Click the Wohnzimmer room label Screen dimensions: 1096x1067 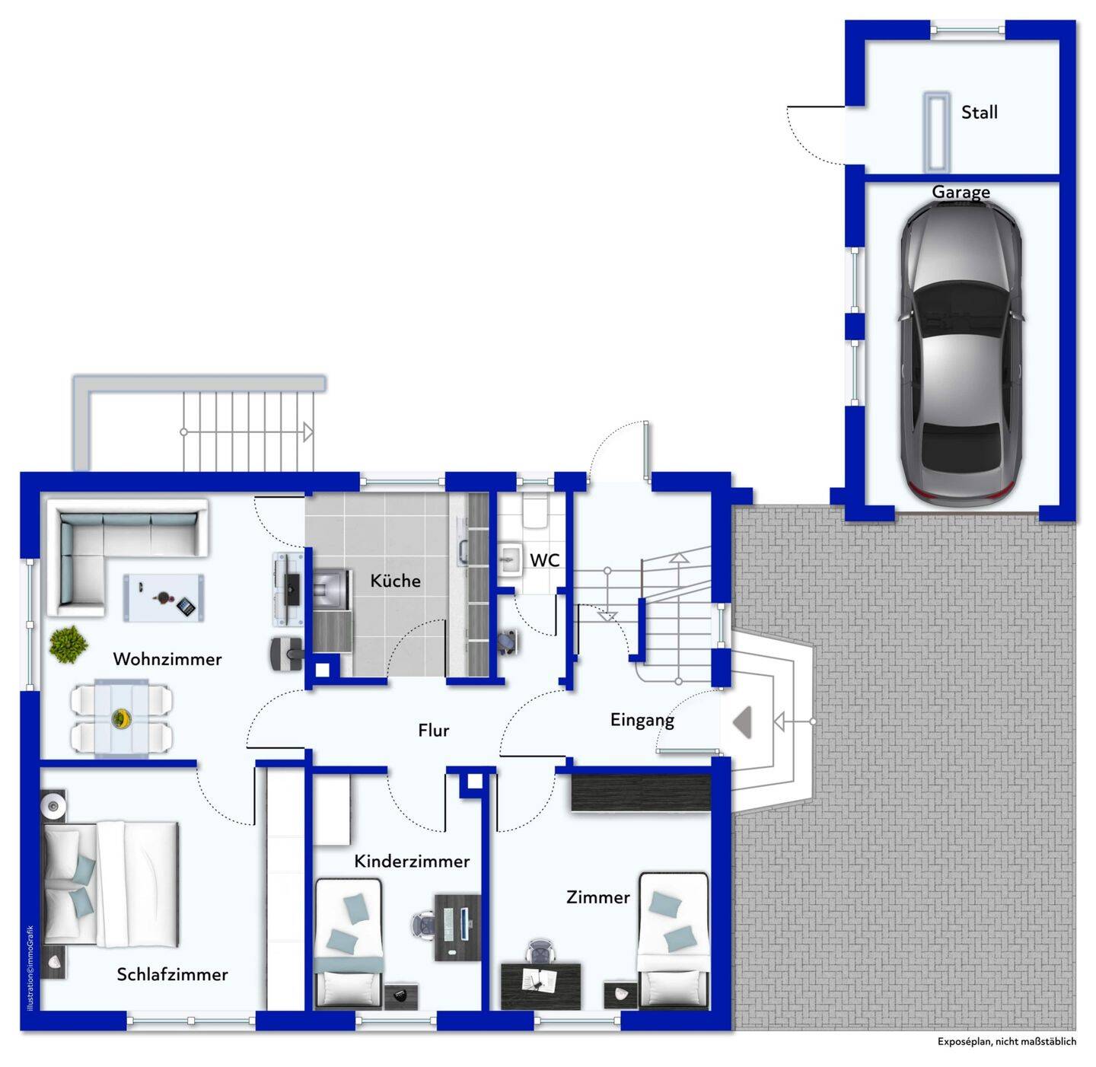click(x=167, y=659)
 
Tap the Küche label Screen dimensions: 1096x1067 click(x=395, y=581)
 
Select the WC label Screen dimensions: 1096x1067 click(x=545, y=560)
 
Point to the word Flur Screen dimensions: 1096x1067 click(x=433, y=731)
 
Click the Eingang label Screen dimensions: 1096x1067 click(x=642, y=720)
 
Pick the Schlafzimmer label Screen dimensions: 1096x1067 click(x=172, y=974)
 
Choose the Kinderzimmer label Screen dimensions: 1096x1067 click(x=412, y=861)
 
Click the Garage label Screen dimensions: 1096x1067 click(x=961, y=192)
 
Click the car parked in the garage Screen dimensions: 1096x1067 click(x=961, y=352)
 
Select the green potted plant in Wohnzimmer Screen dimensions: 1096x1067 click(x=68, y=643)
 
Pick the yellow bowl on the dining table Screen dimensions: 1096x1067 click(x=121, y=718)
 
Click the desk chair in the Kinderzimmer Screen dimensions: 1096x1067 click(x=423, y=925)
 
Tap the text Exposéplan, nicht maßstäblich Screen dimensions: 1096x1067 click(x=1006, y=1042)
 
